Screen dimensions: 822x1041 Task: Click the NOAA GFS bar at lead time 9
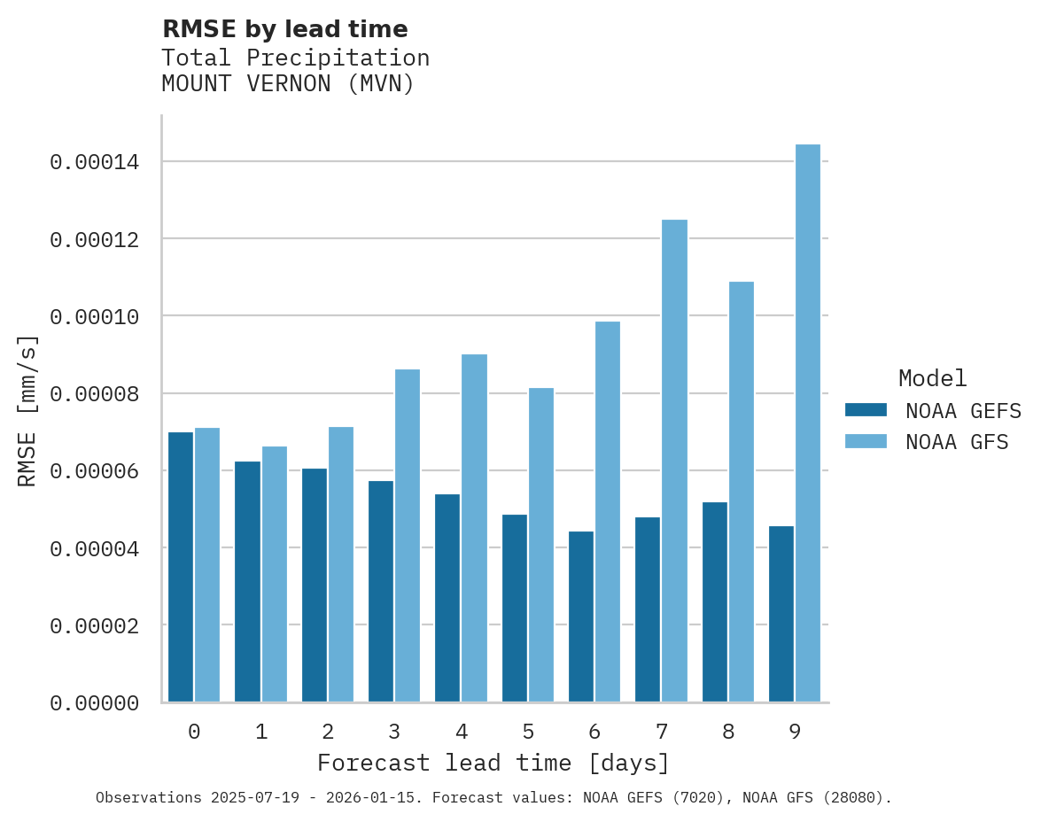point(808,423)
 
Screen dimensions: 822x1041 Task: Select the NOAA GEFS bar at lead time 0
point(181,567)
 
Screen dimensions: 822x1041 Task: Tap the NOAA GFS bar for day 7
point(674,461)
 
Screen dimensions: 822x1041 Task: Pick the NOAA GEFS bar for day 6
point(581,616)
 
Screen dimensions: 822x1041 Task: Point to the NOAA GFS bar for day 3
point(408,536)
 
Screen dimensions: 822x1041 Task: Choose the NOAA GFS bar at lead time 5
point(541,545)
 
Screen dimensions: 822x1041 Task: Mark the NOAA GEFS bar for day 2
point(315,585)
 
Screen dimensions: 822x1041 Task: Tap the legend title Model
point(932,378)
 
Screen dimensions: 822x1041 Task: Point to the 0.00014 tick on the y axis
point(94,162)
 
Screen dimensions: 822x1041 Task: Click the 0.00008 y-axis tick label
point(94,393)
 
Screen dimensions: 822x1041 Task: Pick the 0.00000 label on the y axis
point(94,702)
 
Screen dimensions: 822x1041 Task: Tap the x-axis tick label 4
point(462,732)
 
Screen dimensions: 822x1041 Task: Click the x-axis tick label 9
point(795,732)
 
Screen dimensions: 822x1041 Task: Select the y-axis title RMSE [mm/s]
point(27,411)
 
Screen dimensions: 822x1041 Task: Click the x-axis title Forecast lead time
point(493,763)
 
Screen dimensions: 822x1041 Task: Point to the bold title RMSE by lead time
point(284,29)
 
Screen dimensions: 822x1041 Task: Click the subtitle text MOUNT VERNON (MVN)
point(288,84)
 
